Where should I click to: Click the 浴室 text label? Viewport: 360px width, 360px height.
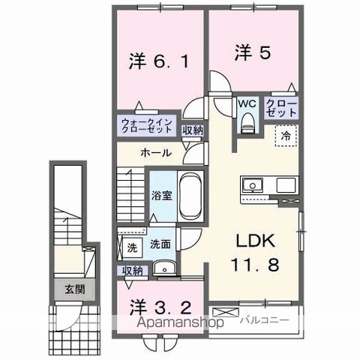click(x=160, y=196)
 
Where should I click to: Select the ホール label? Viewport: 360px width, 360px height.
click(x=156, y=153)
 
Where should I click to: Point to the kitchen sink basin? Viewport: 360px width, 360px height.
click(x=252, y=184)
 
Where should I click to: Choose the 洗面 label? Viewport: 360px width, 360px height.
click(x=159, y=244)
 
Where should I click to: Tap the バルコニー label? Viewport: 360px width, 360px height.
click(x=259, y=322)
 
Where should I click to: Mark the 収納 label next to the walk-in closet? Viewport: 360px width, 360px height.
click(x=193, y=130)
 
